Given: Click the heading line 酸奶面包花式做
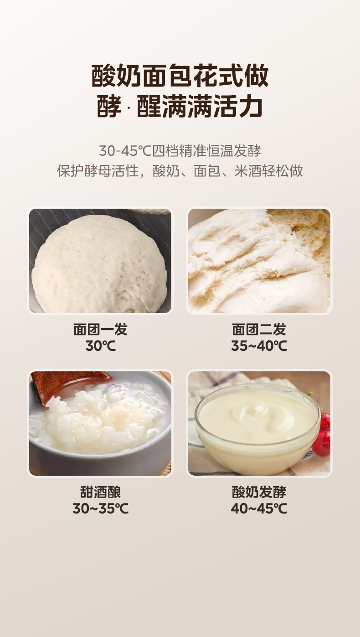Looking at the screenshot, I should [180, 76].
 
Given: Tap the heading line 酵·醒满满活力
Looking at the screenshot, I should [180, 106].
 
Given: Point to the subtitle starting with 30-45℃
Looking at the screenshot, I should [180, 150].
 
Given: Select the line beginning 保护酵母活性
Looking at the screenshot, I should [180, 171].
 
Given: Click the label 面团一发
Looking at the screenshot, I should [100, 329].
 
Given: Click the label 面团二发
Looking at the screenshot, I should [259, 329].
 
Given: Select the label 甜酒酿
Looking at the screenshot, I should [100, 492].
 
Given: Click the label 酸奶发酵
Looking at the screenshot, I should [259, 492].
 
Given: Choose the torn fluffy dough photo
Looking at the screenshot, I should [259, 261].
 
